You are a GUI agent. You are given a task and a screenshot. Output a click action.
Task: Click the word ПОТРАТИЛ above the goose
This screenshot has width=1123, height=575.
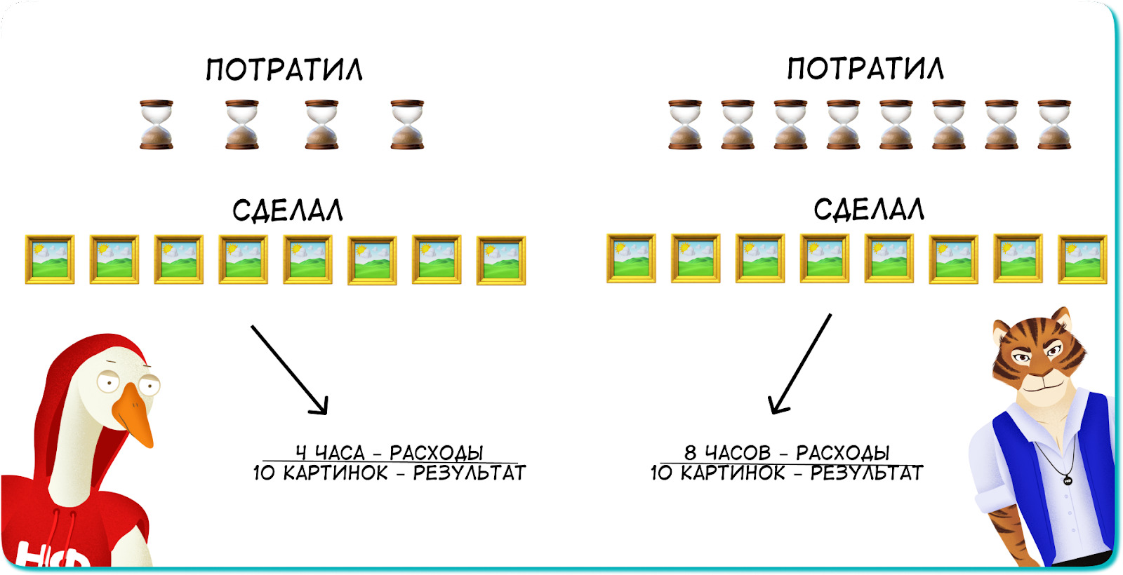pos(284,70)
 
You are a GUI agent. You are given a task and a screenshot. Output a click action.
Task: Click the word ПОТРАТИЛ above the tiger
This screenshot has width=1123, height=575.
pos(865,69)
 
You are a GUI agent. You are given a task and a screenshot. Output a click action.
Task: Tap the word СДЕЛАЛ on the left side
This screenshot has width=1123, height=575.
pos(288,210)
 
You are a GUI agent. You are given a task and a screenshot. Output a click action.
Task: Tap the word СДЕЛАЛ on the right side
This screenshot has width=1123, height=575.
pos(869,209)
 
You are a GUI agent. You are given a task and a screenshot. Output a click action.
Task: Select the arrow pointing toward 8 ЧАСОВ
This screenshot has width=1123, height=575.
pos(800,364)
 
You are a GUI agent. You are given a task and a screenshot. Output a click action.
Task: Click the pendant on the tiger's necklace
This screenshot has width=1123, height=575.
pos(1068,480)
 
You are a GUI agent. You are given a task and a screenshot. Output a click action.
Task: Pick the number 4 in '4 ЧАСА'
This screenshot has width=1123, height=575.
pos(301,453)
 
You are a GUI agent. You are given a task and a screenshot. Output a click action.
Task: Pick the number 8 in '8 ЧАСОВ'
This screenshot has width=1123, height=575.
pos(691,453)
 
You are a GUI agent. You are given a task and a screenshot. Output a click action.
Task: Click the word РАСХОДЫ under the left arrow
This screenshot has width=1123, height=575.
pos(436,453)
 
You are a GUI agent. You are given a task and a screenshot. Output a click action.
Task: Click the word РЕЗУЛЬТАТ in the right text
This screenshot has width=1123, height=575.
pos(866,473)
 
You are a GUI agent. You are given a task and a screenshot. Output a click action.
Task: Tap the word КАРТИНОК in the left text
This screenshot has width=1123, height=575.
pos(335,473)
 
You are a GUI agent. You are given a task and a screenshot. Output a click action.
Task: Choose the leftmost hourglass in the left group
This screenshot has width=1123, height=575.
pos(157,124)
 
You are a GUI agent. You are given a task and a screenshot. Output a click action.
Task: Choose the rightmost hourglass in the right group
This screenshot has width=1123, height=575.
pos(1054,124)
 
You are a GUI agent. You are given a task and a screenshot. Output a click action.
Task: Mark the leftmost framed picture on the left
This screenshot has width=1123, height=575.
pos(50,259)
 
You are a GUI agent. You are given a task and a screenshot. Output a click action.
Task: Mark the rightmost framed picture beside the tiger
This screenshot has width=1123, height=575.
pos(1082,259)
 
